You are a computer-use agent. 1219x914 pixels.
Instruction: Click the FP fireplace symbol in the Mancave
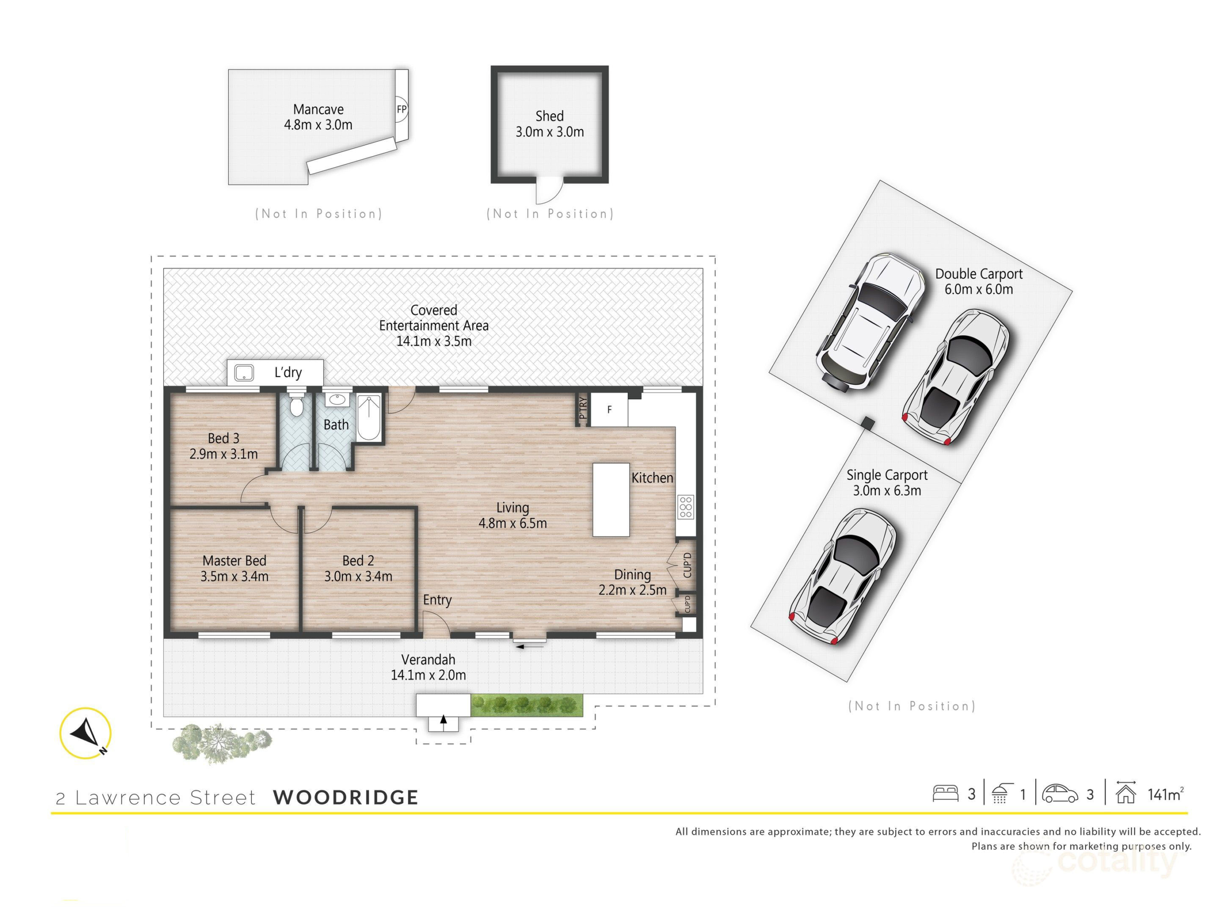point(402,109)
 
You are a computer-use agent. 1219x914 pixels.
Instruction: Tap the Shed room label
point(550,116)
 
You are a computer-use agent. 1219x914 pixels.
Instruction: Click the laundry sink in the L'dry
point(244,373)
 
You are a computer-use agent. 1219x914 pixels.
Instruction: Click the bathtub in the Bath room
point(369,418)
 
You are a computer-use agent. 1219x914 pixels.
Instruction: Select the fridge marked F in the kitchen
point(609,409)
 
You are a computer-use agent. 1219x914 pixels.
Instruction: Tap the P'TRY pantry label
point(583,407)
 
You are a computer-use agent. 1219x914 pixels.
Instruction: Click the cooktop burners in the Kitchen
point(686,507)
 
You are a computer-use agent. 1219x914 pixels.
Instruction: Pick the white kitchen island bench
point(611,500)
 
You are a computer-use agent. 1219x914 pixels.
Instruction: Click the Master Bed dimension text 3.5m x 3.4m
point(234,577)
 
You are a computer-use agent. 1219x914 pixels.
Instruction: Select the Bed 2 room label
point(358,561)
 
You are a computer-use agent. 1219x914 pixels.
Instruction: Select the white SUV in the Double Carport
point(869,323)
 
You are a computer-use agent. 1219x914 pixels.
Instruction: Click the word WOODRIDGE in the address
point(346,797)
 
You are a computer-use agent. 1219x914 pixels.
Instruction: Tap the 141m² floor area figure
point(1166,794)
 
